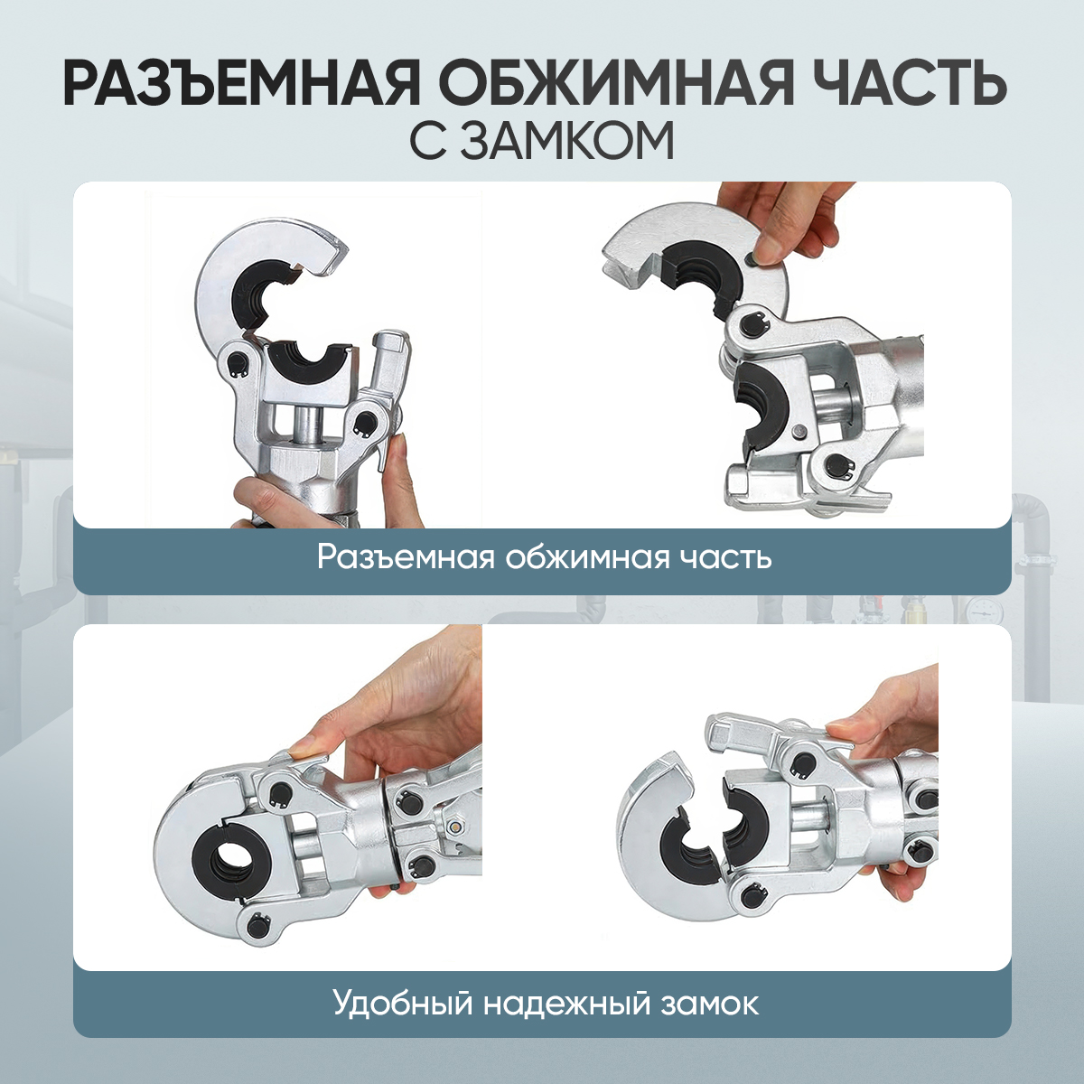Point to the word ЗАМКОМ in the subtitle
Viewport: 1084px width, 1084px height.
click(x=569, y=144)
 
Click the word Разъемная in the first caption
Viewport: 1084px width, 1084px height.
click(x=405, y=558)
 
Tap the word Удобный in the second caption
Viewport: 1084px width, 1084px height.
click(x=402, y=1003)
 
